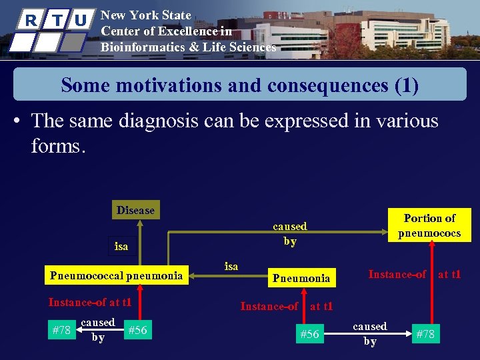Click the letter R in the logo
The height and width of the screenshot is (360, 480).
30,20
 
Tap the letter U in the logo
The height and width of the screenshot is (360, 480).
80,20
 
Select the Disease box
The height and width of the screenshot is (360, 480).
135,210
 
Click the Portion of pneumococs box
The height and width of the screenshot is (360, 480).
429,225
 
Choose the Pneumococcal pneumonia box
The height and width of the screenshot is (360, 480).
117,274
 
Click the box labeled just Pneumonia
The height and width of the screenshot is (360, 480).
301,277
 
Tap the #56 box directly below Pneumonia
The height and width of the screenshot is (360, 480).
310,334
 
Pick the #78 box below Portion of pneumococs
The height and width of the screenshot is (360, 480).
425,334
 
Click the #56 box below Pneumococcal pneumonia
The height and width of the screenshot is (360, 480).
137,330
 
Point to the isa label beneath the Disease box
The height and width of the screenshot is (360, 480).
121,247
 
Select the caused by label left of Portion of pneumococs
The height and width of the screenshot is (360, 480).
289,233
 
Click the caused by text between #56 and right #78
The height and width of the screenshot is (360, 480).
369,333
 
